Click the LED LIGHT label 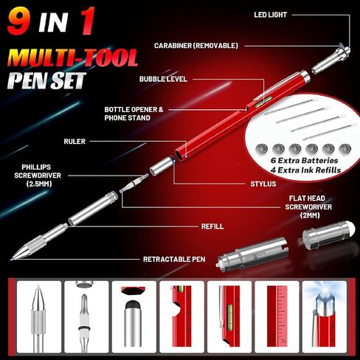coord(270,15)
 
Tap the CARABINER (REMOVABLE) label coord(196,46)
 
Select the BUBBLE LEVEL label coord(163,79)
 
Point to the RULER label coord(75,142)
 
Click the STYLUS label coord(263,184)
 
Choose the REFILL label coord(212,226)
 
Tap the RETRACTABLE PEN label coord(174,259)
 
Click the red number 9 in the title coord(18,21)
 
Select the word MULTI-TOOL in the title coord(72,58)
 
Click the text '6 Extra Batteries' coord(305,160)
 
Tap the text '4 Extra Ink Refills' coord(306,170)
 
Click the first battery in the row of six coord(262,149)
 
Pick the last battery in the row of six coord(345,149)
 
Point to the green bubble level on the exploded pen coord(258,103)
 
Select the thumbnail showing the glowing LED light coord(325,317)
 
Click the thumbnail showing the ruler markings coord(277,317)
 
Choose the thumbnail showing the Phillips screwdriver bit coord(86,317)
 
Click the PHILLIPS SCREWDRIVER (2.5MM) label coord(38,176)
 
